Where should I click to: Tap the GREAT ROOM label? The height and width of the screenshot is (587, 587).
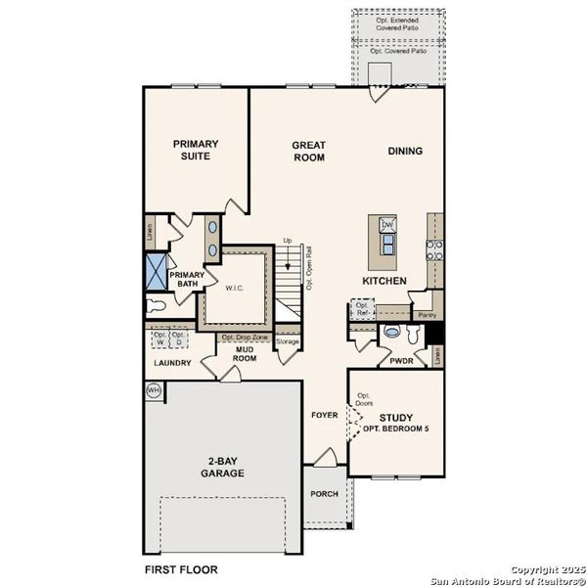308,152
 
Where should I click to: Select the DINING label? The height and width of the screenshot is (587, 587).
405,151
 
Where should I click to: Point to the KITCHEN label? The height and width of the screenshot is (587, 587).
384,281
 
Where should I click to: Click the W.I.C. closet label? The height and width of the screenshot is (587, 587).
234,288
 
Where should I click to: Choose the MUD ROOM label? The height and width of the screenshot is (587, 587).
244,352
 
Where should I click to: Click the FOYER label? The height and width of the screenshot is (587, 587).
325,415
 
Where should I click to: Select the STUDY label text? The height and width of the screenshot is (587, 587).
396,419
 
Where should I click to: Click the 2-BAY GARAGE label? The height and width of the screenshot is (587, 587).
225,468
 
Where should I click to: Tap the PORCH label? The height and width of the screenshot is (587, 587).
324,494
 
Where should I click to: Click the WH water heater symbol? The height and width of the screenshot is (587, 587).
154,390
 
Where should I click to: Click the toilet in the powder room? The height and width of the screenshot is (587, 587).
393,332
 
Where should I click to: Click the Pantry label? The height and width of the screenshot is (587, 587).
426,316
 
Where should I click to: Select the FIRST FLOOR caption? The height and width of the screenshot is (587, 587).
183,568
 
